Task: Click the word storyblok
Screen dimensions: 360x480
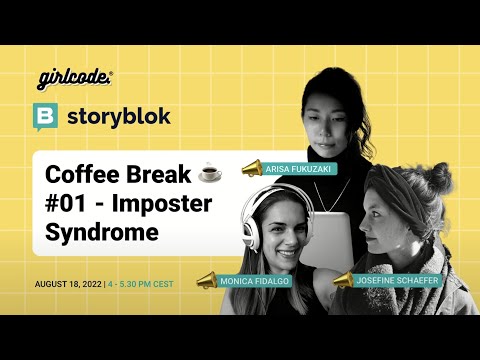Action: (119, 116)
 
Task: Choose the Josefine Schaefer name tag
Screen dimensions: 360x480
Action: (397, 281)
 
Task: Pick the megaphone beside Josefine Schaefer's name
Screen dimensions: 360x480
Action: (343, 280)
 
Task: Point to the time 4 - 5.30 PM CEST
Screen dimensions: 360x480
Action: (141, 284)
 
